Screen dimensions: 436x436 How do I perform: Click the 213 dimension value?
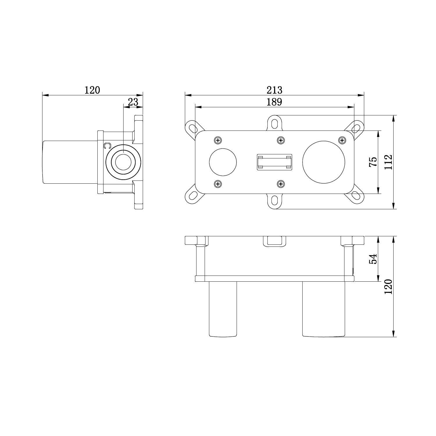[x=274, y=90]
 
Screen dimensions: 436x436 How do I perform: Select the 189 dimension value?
[x=274, y=102]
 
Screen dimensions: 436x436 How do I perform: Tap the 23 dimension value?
[x=133, y=102]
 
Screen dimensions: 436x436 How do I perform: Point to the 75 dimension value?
[x=373, y=162]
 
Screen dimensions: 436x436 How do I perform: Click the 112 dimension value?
[x=388, y=162]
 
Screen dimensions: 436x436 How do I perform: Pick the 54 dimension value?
[x=373, y=259]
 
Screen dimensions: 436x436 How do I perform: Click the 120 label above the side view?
[x=92, y=90]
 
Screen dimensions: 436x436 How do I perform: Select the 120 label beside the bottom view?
[x=388, y=287]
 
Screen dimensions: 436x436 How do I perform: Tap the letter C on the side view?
[x=107, y=146]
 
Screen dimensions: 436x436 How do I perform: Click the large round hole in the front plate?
[x=324, y=162]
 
